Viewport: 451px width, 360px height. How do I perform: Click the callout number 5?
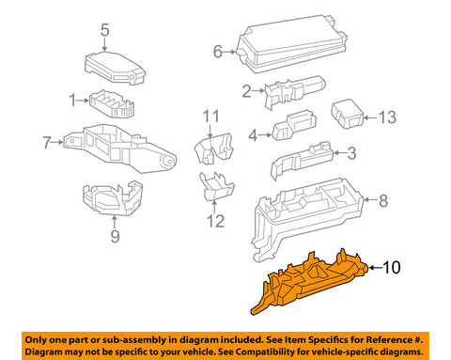(105, 30)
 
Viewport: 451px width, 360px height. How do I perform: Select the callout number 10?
(391, 267)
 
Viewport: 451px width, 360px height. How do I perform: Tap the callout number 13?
(387, 117)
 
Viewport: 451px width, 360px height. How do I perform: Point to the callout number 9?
(115, 236)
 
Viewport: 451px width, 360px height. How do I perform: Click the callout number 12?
(215, 221)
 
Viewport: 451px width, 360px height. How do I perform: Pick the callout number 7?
(47, 143)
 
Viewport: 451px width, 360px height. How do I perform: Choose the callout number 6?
(218, 52)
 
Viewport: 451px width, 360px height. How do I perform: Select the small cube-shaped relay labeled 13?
(347, 114)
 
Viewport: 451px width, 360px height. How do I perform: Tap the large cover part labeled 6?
(291, 44)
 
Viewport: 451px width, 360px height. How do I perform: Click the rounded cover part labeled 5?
(115, 69)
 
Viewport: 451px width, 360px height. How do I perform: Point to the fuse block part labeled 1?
(112, 104)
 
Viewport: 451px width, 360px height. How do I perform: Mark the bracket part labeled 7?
(119, 148)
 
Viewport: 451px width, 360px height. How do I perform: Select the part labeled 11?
(214, 148)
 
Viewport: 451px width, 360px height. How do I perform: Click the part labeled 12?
(216, 186)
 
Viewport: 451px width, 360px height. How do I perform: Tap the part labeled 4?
(294, 125)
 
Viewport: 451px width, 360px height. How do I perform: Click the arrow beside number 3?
(339, 153)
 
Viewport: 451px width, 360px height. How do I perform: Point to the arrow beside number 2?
(258, 91)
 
